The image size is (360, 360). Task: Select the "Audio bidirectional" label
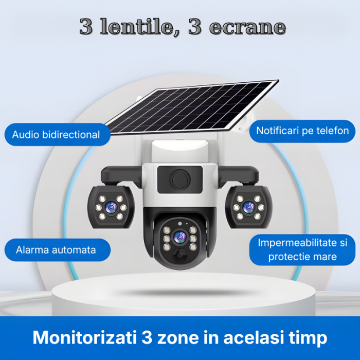click(x=56, y=135)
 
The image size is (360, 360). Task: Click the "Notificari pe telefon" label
click(x=302, y=131)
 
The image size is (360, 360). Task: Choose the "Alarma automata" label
click(x=56, y=250)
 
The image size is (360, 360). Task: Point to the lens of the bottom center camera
click(x=179, y=237)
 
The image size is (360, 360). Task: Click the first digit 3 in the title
click(x=86, y=27)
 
